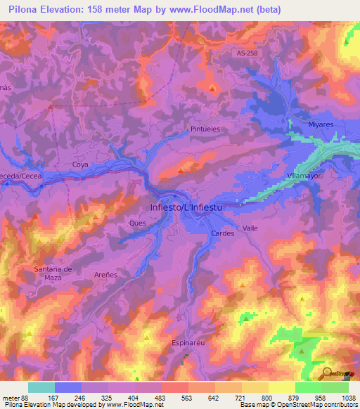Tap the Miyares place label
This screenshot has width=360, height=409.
point(321,124)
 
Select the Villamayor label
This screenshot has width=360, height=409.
point(304,176)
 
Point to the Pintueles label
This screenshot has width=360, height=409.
point(205,129)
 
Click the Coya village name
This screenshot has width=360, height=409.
point(79,164)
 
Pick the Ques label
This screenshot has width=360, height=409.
point(137,223)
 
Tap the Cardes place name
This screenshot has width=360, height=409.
point(222,233)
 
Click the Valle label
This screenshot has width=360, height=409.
point(250,228)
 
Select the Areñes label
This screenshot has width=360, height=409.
point(106,275)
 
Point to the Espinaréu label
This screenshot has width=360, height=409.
point(188,343)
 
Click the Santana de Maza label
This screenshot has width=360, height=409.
point(53,273)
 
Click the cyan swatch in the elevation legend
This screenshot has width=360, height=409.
point(41,387)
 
